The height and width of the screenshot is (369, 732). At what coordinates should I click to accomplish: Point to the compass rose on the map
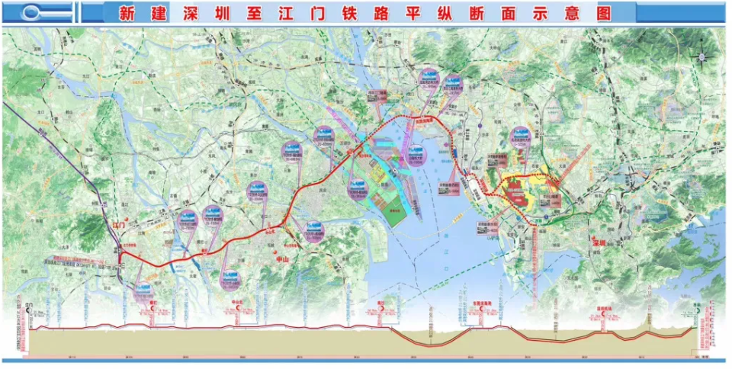coord(702,55)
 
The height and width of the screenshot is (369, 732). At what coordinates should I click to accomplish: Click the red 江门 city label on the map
coord(118,225)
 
